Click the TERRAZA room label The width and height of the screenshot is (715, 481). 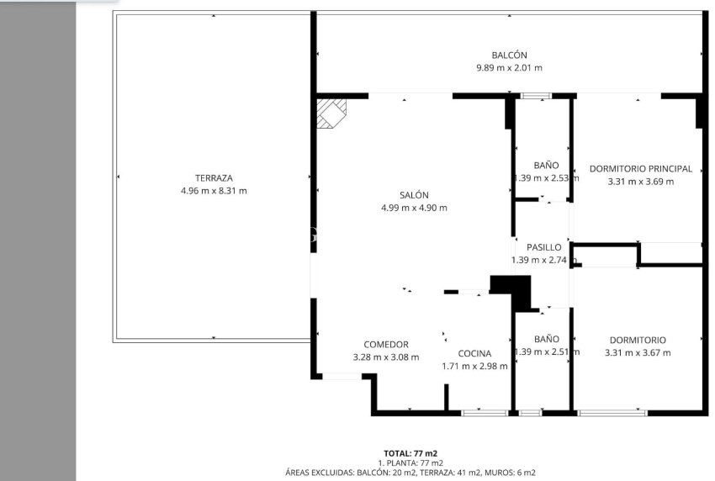point(214,177)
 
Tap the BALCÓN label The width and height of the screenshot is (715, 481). point(509,55)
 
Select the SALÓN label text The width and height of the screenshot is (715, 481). point(414,194)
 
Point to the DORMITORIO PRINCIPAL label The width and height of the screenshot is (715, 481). point(640,168)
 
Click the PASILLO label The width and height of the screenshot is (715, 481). point(543,247)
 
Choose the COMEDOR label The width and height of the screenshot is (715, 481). point(385,344)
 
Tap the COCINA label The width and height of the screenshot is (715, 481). point(474,353)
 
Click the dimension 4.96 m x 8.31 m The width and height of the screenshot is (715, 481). point(214,191)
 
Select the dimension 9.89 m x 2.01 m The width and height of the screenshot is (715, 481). point(509,68)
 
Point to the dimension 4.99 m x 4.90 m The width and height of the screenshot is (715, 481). point(414,208)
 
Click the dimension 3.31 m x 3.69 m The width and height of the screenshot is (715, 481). point(640,181)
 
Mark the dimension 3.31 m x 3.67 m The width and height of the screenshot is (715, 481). point(638,353)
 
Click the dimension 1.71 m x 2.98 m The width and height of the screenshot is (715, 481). point(474,366)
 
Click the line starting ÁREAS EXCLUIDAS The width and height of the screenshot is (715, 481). point(410,473)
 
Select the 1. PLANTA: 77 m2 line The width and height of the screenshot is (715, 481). point(410,463)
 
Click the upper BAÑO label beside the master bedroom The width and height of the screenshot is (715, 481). point(546,165)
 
